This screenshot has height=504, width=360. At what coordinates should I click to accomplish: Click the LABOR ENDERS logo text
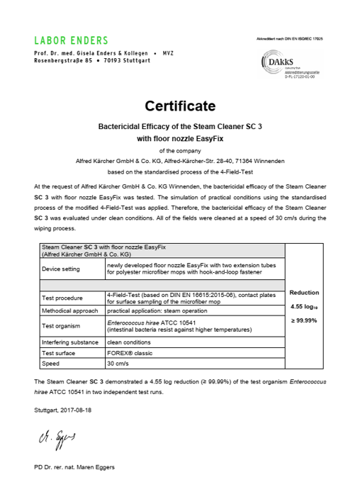click(x=71, y=40)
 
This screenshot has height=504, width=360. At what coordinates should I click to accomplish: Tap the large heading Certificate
click(x=180, y=107)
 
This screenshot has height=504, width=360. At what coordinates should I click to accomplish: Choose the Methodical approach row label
click(x=68, y=310)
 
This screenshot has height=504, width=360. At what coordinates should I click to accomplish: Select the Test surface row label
click(x=60, y=352)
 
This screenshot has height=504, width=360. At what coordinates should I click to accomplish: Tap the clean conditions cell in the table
click(x=130, y=342)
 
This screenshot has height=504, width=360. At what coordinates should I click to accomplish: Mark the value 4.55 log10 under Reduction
click(x=305, y=307)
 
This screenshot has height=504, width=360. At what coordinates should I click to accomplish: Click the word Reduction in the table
click(x=305, y=293)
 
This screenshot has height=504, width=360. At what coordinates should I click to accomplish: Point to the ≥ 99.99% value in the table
click(x=305, y=321)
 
